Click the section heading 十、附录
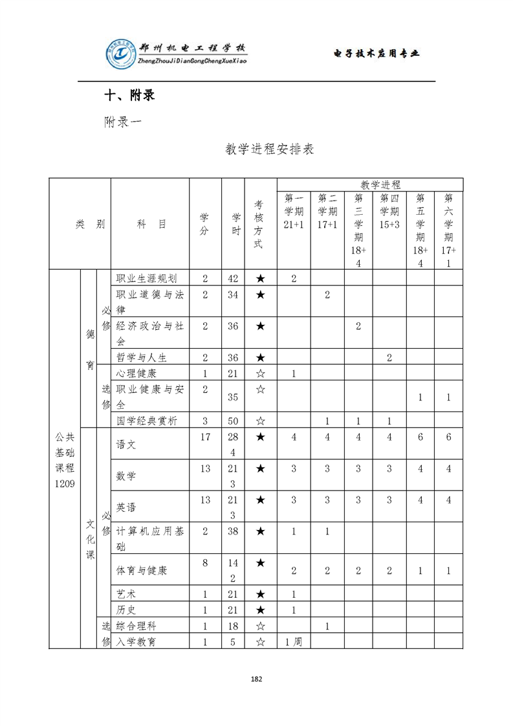tap(130, 96)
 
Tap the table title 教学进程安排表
tap(269, 149)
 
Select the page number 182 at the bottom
tap(256, 679)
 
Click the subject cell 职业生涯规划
tap(146, 278)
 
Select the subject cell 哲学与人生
tap(142, 357)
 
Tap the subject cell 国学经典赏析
tap(146, 421)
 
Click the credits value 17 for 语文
tap(205, 437)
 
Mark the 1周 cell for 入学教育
tap(294, 642)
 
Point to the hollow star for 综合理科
tap(260, 626)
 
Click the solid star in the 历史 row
tap(260, 610)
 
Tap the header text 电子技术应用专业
tap(377, 53)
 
